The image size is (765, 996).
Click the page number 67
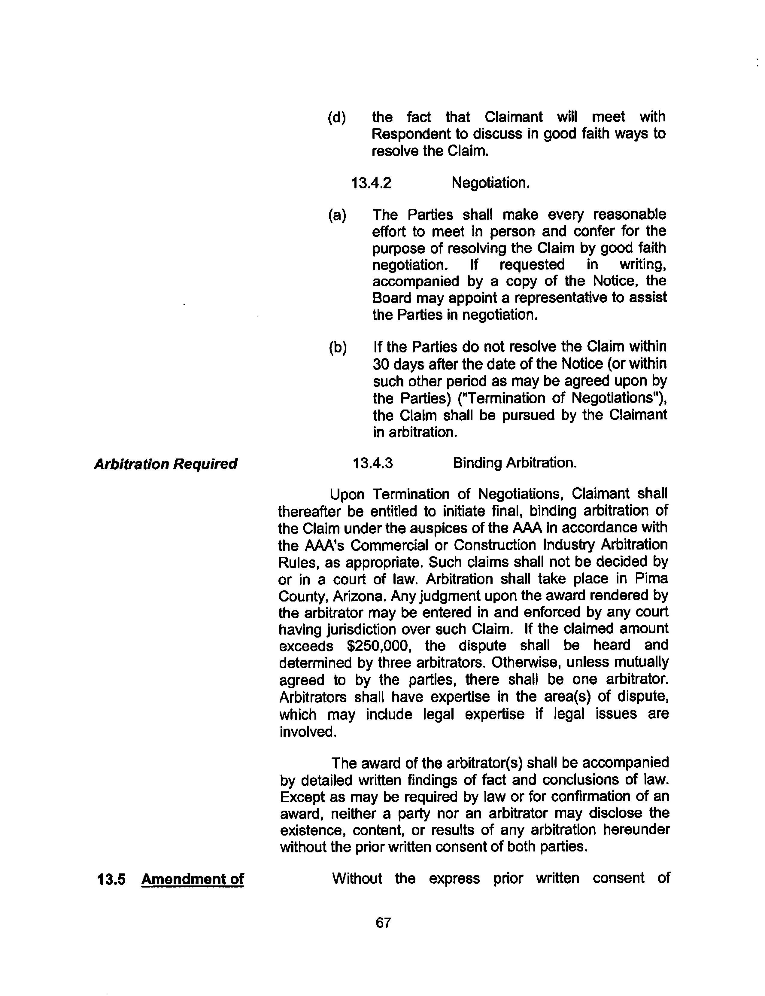(383, 923)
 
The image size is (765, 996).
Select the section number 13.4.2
(371, 183)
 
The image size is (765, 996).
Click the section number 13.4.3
(372, 463)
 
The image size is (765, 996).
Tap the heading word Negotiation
(490, 183)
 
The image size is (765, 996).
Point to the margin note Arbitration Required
(165, 464)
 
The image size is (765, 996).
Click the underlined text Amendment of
(193, 879)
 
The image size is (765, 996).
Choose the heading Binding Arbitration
(515, 463)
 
